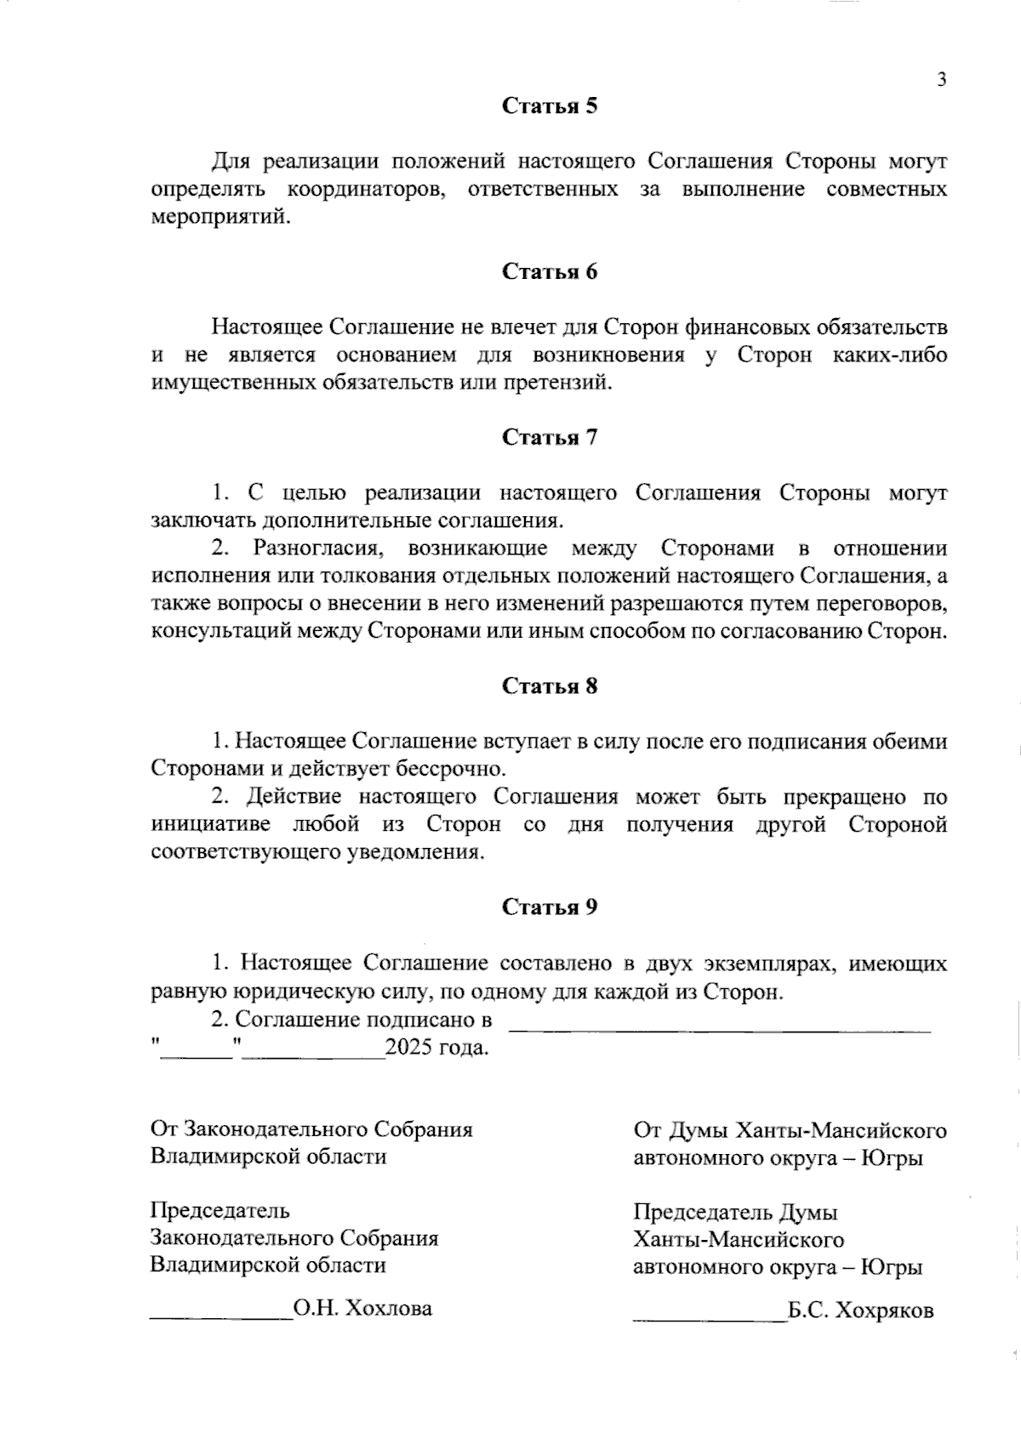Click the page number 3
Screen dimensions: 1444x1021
tap(941, 81)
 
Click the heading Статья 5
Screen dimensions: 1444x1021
tap(550, 106)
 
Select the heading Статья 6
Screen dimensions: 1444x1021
tap(550, 272)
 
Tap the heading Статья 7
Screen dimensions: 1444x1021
tap(550, 438)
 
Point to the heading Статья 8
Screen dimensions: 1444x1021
tap(550, 686)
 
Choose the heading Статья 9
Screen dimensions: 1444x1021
tap(550, 907)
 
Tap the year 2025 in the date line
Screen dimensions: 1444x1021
tap(408, 1047)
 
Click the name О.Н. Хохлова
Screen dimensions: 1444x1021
tap(362, 1309)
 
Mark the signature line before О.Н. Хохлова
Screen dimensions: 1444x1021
tap(220, 1316)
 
